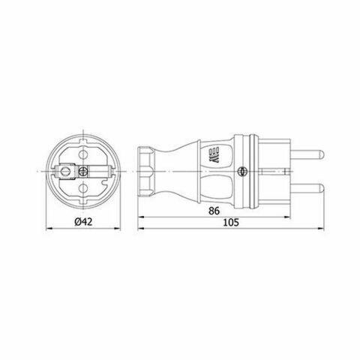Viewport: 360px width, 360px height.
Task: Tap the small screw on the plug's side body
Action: coord(241,172)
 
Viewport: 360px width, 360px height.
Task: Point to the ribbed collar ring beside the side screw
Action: coord(255,172)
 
